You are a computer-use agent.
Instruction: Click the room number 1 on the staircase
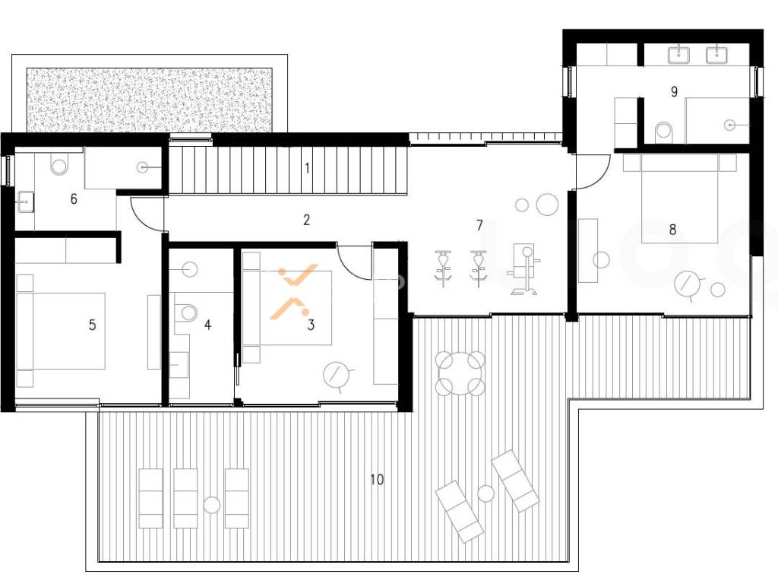[x=307, y=168]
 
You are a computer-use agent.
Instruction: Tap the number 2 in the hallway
[x=306, y=220]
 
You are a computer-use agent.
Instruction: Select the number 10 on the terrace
[x=377, y=479]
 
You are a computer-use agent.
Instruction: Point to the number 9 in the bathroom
[x=674, y=91]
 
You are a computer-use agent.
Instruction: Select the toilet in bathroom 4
[x=187, y=312]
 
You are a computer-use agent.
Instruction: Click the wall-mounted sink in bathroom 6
[x=25, y=202]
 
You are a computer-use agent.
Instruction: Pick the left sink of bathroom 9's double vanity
[x=678, y=54]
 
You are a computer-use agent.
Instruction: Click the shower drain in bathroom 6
[x=144, y=168]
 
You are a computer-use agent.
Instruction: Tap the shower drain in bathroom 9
[x=730, y=125]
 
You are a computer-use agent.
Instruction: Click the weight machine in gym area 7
[x=523, y=269]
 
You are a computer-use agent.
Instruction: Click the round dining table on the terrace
[x=460, y=373]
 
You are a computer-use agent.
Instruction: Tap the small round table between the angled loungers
[x=485, y=493]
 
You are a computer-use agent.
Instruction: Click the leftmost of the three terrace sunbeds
[x=151, y=498]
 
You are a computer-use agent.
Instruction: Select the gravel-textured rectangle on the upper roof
[x=150, y=100]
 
